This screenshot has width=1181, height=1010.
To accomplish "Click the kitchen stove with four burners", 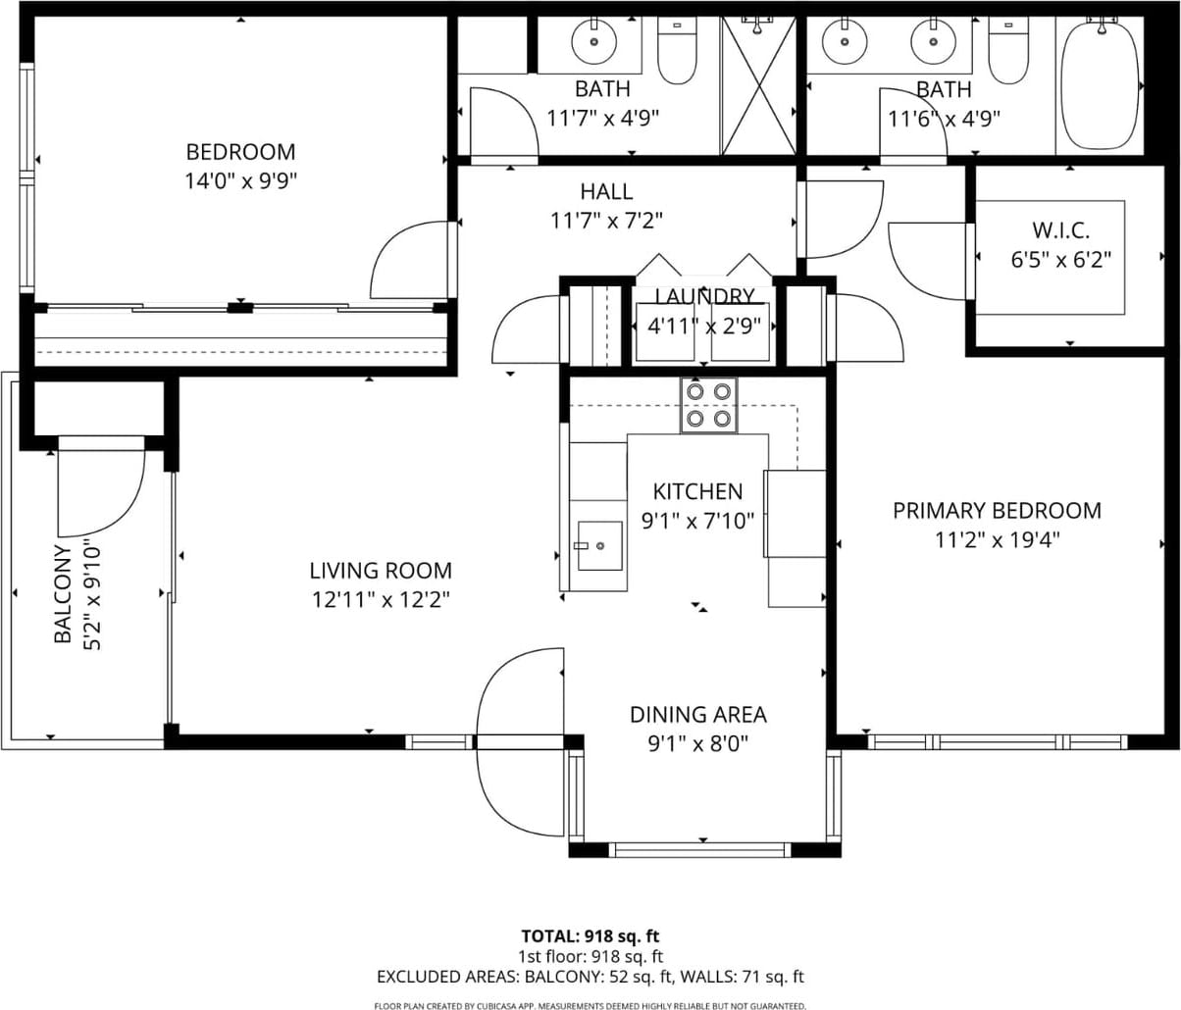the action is pos(708,405).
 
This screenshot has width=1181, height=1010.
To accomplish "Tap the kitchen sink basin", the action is pos(599,545).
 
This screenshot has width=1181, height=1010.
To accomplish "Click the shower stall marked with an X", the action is pos(759,85).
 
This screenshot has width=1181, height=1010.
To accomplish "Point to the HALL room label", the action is pos(606,192).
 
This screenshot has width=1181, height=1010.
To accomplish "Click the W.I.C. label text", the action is pos(1061,230).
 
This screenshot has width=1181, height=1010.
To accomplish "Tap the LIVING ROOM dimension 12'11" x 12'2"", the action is pos(382,600).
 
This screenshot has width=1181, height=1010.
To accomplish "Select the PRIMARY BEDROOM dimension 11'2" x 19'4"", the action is pos(997,540).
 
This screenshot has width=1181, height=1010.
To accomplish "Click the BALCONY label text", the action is pos(63,594).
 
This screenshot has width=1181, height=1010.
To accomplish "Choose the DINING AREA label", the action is pos(698,715).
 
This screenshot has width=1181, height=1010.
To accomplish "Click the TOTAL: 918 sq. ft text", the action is pos(590,936).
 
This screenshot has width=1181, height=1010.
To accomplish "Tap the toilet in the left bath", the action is pos(677,50).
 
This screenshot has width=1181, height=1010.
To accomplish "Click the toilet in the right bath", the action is pos(1009,50).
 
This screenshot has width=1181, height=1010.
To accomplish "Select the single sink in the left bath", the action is pos(594,41).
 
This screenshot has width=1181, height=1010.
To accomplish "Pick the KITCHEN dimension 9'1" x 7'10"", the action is pos(697,521).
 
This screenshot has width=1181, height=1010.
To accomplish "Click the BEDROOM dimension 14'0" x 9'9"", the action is pos(240,181).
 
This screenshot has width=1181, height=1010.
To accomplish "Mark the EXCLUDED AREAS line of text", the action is pos(590,977).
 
